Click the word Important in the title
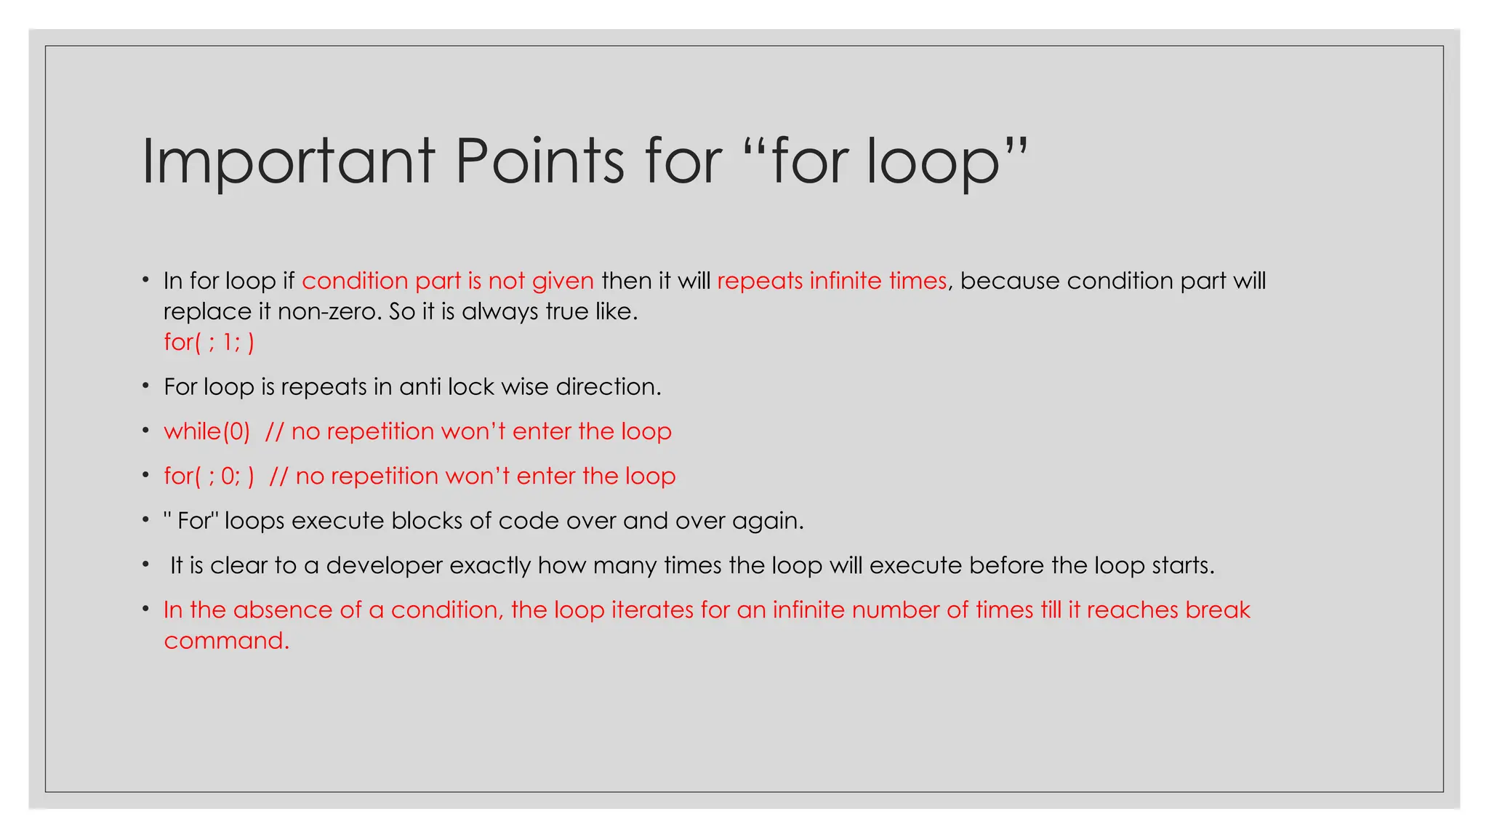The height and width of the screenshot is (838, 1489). [x=288, y=161]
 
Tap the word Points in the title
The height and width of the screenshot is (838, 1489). [x=539, y=161]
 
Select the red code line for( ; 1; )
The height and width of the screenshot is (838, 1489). [x=209, y=342]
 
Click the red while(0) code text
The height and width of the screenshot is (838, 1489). [x=207, y=431]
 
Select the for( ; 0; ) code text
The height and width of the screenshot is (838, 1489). [x=209, y=476]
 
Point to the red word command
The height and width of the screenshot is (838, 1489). [x=226, y=640]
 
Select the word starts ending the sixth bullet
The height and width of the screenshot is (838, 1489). [x=1183, y=565]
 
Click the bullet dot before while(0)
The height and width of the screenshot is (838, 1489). [x=146, y=430]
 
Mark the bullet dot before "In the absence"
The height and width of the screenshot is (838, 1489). [x=146, y=608]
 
